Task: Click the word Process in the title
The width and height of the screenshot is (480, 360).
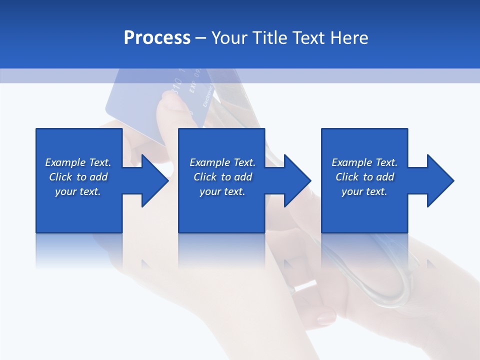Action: pyautogui.click(x=157, y=38)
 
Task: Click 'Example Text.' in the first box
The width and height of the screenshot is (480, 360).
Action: pyautogui.click(x=78, y=162)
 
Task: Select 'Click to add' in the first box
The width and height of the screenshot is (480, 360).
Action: pyautogui.click(x=78, y=177)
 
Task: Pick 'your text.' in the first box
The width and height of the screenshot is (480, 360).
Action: pyautogui.click(x=78, y=191)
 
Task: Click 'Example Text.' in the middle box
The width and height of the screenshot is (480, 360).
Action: pyautogui.click(x=222, y=162)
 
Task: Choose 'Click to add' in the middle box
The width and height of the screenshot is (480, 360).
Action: pyautogui.click(x=222, y=177)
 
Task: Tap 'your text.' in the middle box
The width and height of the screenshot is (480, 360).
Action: pyautogui.click(x=222, y=191)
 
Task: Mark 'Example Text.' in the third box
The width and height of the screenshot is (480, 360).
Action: pyautogui.click(x=364, y=162)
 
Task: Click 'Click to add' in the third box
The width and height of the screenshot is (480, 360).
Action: pyautogui.click(x=364, y=177)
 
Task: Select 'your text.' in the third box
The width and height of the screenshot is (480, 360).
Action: pyautogui.click(x=364, y=191)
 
